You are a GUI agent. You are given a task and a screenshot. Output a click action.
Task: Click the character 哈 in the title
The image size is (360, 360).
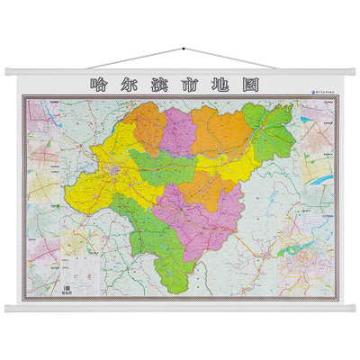(x=100, y=85)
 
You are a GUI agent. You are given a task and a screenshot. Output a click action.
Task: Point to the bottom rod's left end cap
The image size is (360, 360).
(x=10, y=308)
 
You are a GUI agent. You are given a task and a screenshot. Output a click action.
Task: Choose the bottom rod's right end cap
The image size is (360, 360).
(x=350, y=308)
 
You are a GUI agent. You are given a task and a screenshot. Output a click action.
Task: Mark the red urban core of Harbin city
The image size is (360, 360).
(x=114, y=168)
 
